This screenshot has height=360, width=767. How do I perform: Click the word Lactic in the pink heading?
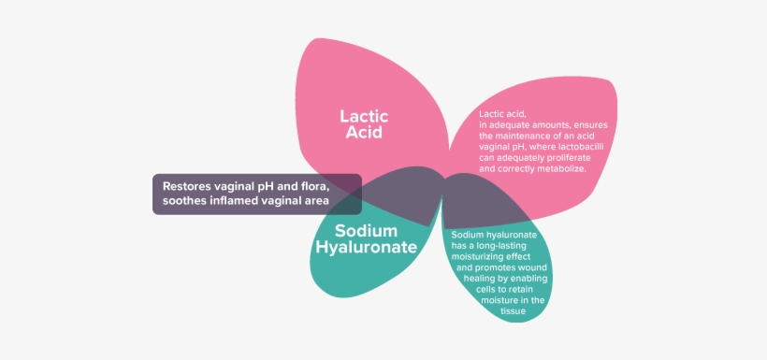(x=364, y=117)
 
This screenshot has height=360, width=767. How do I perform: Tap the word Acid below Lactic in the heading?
(x=364, y=133)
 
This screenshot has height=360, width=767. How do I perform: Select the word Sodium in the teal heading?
(x=366, y=231)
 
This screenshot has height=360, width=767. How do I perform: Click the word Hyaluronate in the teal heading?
(x=366, y=248)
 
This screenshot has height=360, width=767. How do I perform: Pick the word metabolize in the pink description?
(x=561, y=169)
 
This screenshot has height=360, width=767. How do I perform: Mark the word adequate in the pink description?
(x=509, y=124)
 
